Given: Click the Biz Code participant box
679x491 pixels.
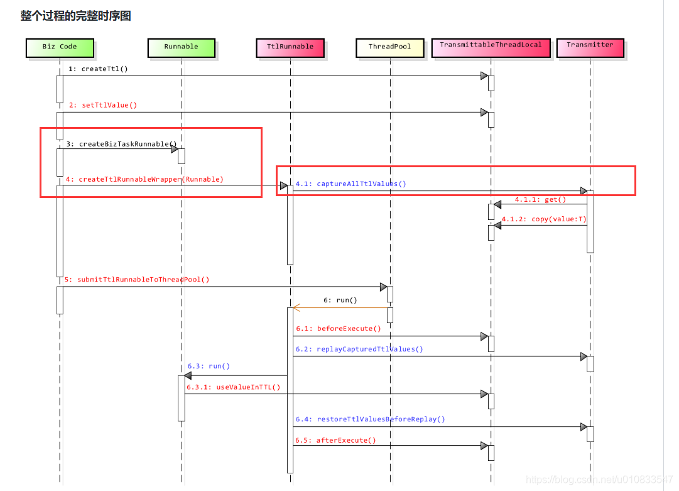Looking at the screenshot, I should pyautogui.click(x=60, y=47).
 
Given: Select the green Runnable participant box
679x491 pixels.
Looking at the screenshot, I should pyautogui.click(x=181, y=47).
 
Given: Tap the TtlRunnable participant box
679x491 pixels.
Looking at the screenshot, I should pyautogui.click(x=290, y=47).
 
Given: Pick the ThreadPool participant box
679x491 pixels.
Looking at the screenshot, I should pyautogui.click(x=389, y=47).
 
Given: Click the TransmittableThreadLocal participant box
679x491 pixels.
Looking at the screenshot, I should pyautogui.click(x=490, y=47).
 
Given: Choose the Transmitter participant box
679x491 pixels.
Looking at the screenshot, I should pyautogui.click(x=590, y=47).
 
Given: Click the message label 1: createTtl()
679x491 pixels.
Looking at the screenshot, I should pyautogui.click(x=98, y=69).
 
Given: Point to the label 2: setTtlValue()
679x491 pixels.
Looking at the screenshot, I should pyautogui.click(x=102, y=105).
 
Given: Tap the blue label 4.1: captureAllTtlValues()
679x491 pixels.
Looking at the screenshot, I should pyautogui.click(x=351, y=184).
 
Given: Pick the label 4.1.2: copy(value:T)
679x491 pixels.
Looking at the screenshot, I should pyautogui.click(x=544, y=219).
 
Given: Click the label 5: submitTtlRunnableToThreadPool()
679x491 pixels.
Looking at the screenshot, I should pyautogui.click(x=137, y=279).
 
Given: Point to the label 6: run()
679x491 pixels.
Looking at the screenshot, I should pyautogui.click(x=340, y=300).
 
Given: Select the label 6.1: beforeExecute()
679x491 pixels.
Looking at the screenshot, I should pyautogui.click(x=339, y=328).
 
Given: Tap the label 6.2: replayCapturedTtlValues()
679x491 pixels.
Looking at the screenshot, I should pyautogui.click(x=359, y=349).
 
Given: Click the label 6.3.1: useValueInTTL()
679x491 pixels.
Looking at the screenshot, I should pyautogui.click(x=233, y=387).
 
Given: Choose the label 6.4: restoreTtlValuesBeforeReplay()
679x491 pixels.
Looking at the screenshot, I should pyautogui.click(x=370, y=419).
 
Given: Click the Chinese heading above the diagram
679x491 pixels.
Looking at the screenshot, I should pyautogui.click(x=75, y=16).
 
